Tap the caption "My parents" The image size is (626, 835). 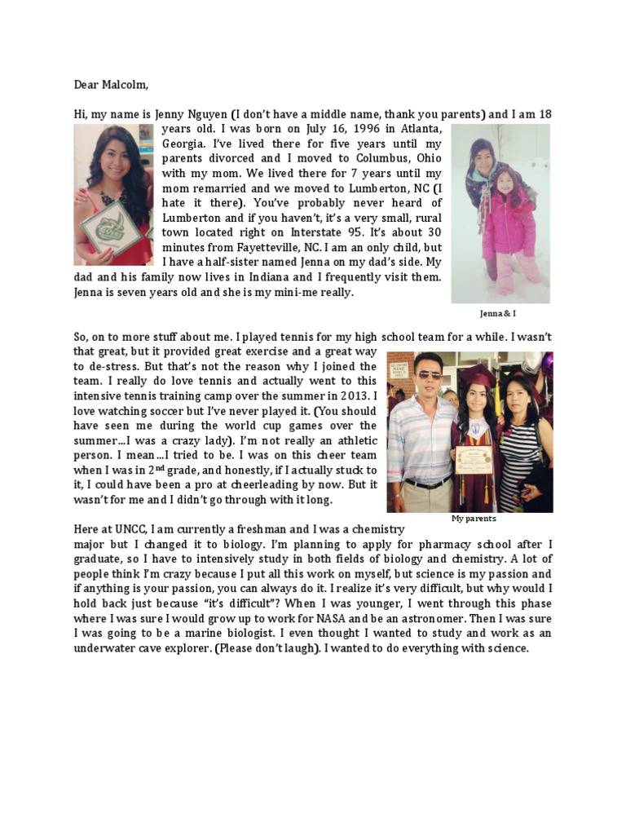[x=474, y=519]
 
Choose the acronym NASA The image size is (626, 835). [x=335, y=618]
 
